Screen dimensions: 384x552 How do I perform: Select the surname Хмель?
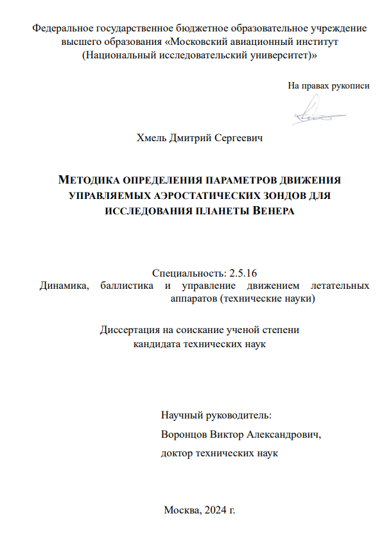coord(152,137)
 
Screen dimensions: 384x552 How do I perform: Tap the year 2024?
coord(215,510)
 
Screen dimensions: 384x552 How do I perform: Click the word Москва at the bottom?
coord(181,510)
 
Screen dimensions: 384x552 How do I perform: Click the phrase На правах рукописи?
coord(328,85)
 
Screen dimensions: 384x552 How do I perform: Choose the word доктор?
coord(177,453)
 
